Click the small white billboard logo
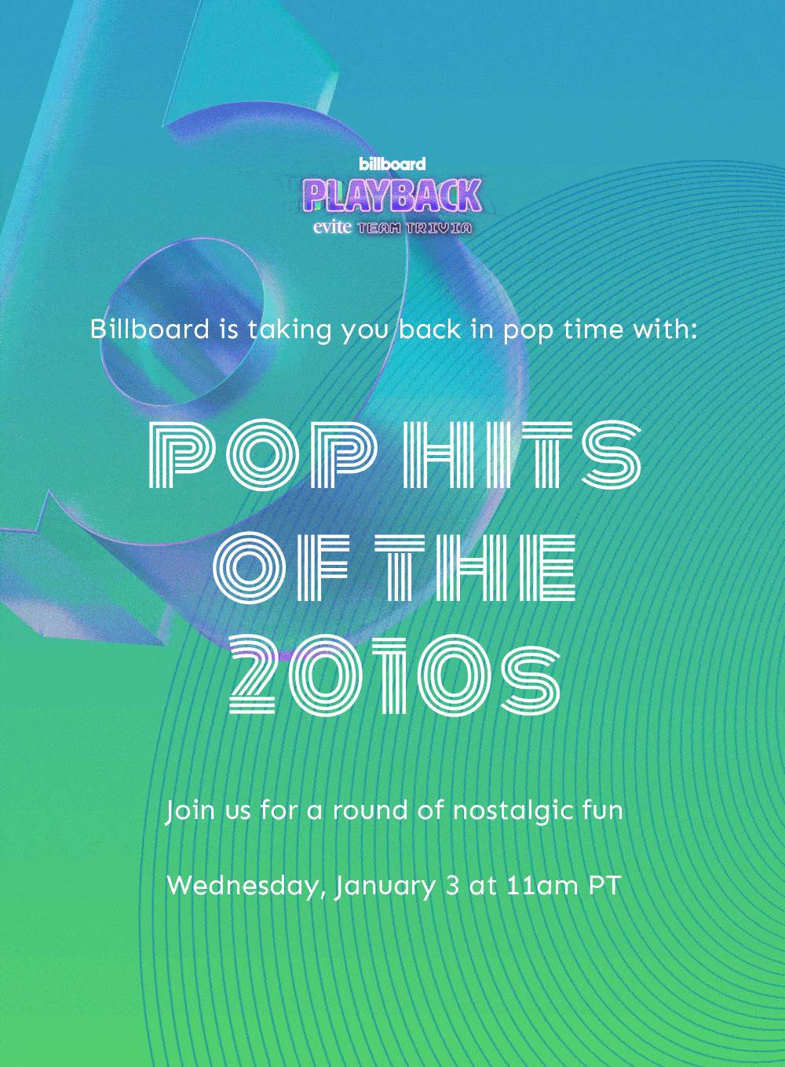point(392,164)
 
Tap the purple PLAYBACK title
point(392,196)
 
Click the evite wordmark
point(333,228)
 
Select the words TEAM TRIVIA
point(414,228)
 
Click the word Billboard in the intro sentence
point(150,330)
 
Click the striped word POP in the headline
point(261,454)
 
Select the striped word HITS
point(522,454)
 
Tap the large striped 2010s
point(395,677)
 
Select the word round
point(370,811)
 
